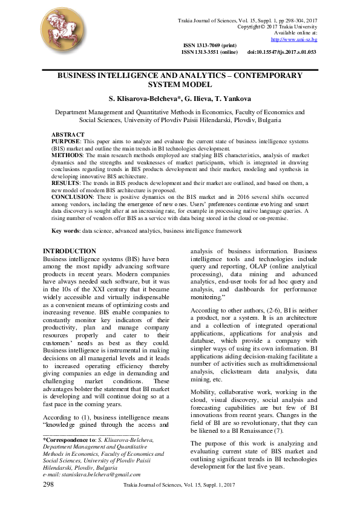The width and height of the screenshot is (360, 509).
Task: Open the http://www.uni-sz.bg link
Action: point(294,39)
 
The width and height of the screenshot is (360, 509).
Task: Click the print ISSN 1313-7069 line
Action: point(210,46)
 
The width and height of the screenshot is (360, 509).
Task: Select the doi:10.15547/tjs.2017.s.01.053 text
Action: point(282,53)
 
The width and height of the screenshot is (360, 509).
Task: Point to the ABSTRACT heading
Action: point(68,134)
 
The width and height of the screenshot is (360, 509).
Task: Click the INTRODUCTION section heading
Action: point(69,251)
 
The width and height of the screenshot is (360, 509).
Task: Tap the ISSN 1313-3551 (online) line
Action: point(209,53)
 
